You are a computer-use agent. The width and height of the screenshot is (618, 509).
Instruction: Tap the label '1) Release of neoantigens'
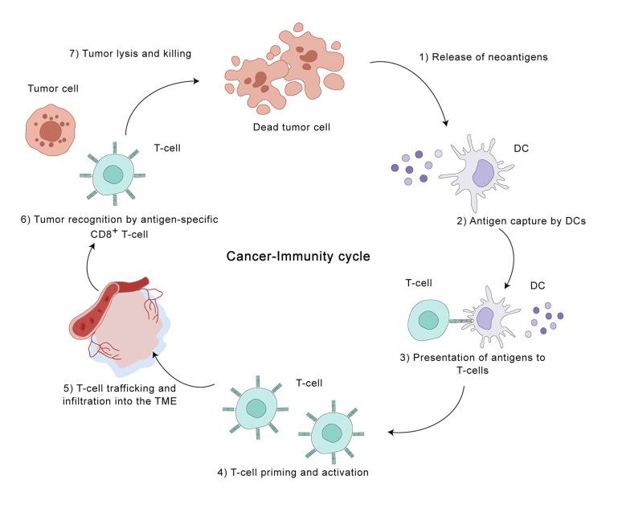483,57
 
